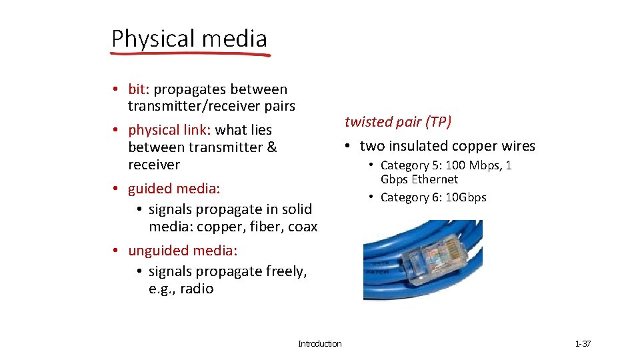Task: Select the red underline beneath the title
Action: point(191,55)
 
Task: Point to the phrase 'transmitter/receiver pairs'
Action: point(211,106)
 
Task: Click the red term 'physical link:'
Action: point(169,130)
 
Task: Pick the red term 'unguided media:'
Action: point(182,251)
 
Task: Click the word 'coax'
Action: point(303,227)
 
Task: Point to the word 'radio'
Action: point(197,289)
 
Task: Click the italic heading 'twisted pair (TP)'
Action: point(398,121)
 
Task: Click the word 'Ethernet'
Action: point(435,179)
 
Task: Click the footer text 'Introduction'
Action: point(319,343)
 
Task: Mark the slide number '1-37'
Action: point(583,343)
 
